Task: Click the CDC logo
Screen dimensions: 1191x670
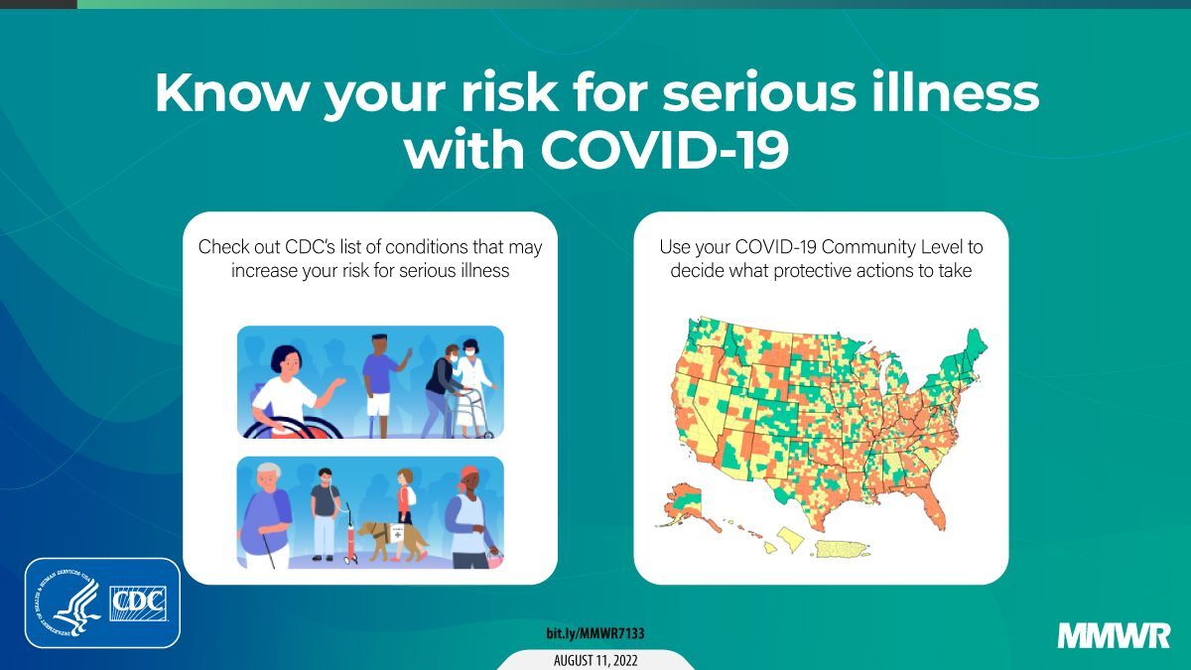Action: click(138, 603)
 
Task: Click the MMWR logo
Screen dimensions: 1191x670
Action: click(1114, 636)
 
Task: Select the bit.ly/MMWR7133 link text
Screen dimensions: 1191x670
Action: click(595, 633)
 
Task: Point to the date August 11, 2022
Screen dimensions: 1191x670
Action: click(595, 660)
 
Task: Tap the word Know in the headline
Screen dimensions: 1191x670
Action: click(231, 92)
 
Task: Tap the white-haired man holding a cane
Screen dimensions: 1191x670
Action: click(266, 516)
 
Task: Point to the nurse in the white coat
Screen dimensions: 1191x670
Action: click(474, 386)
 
